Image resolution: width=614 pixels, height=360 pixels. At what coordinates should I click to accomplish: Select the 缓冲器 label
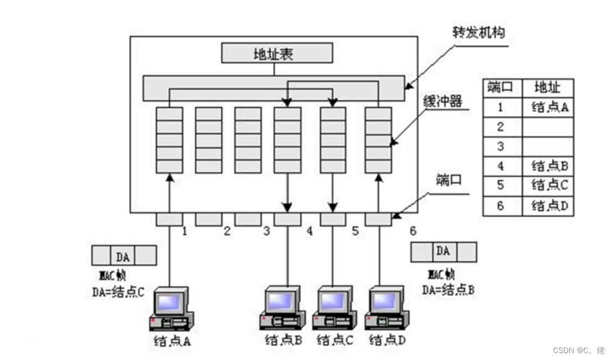[x=444, y=101]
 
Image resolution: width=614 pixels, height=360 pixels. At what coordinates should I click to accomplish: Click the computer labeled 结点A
[x=171, y=309]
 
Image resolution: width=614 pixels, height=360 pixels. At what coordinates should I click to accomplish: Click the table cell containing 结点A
[x=549, y=107]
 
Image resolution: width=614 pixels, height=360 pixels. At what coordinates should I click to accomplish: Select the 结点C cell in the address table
[x=549, y=185]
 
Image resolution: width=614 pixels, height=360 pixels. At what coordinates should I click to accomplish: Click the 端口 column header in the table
[x=500, y=87]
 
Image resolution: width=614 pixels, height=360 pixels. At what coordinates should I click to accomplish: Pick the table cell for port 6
[x=500, y=205]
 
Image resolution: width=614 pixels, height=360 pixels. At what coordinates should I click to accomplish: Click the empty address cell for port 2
[x=549, y=127]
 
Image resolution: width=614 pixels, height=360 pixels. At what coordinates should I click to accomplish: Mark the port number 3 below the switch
[x=267, y=231]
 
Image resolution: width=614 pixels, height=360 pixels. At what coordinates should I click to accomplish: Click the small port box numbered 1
[x=169, y=219]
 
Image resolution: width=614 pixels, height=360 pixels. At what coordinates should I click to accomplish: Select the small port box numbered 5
[x=333, y=219]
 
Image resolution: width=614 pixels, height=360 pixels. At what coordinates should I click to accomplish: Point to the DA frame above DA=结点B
[x=443, y=251]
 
